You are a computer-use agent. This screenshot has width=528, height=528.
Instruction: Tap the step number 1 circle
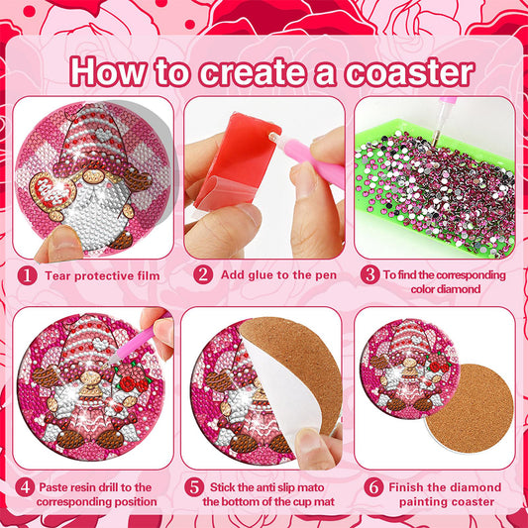28,274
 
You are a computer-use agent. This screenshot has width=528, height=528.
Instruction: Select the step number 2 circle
203,274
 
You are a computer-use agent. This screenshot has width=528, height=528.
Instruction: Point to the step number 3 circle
369,274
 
